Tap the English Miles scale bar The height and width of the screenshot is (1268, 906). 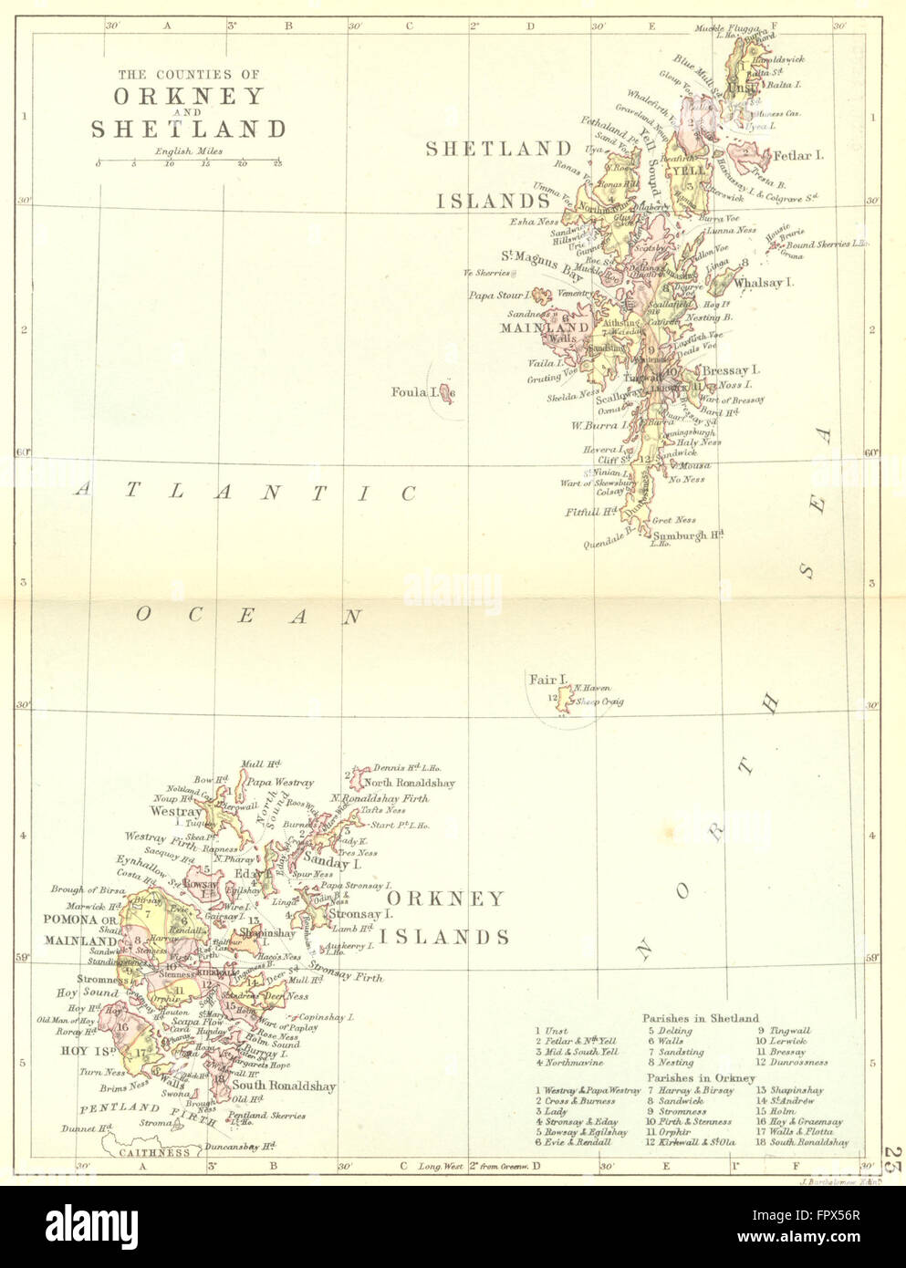click(188, 162)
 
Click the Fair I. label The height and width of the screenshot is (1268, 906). click(548, 680)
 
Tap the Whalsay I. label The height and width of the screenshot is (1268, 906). click(764, 283)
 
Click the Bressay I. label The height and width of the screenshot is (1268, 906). click(731, 371)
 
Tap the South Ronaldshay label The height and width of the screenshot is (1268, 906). click(284, 1086)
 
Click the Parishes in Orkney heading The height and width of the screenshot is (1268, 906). click(699, 1078)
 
